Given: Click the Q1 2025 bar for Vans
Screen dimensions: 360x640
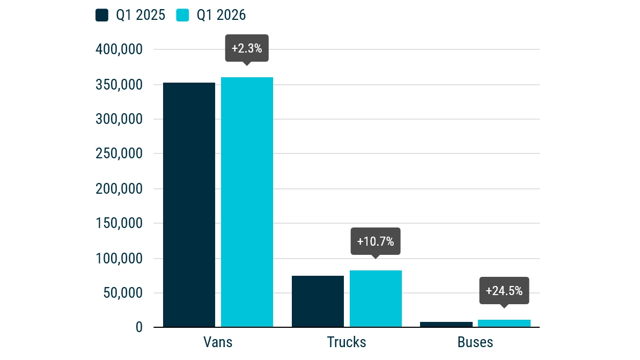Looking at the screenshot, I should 189,204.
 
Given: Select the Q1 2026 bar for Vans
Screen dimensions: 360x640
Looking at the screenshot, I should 247,202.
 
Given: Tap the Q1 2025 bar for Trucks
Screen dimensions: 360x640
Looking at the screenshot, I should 318,301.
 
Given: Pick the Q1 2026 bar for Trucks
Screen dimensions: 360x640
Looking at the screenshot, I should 376,299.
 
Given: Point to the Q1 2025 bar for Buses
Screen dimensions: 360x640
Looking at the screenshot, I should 446,325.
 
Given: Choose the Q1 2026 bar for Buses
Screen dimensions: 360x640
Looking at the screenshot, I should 504,324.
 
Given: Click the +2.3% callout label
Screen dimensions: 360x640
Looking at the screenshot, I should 247,49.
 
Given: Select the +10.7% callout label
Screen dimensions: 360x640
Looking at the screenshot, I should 376,241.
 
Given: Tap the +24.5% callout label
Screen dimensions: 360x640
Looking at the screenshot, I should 504,291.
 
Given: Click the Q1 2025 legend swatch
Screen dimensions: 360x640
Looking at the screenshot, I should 102,15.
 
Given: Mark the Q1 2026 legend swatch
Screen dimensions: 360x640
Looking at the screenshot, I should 183,15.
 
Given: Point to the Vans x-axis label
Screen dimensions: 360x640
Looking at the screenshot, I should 218,342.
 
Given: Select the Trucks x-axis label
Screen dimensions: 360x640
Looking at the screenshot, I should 347,342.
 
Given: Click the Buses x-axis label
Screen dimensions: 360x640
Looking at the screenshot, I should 475,342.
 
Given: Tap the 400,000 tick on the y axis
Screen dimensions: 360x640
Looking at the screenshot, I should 119,50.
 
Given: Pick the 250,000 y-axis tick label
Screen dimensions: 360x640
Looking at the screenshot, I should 119,154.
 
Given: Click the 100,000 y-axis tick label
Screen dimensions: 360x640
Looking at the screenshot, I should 119,259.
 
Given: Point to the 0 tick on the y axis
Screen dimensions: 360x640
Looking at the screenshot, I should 139,327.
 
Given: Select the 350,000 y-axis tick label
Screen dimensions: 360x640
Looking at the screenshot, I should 119,85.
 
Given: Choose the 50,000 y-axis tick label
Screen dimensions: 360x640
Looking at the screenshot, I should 122,293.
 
